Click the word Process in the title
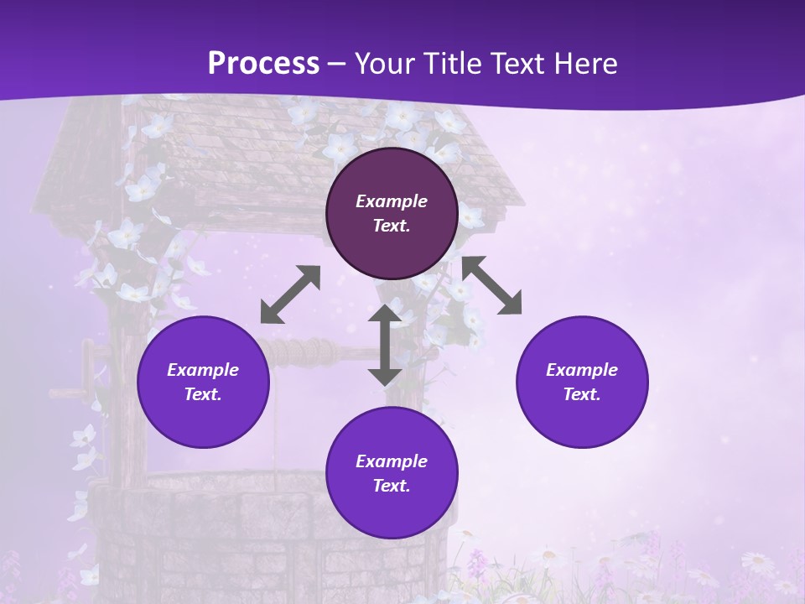[x=263, y=63]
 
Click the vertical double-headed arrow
[x=385, y=345]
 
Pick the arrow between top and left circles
[x=290, y=294]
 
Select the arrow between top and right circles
[x=492, y=285]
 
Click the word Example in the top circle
[x=392, y=201]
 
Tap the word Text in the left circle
[x=203, y=394]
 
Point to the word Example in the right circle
[x=582, y=370]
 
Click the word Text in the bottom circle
[x=392, y=486]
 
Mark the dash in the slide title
[x=337, y=64]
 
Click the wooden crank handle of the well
[x=86, y=369]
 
